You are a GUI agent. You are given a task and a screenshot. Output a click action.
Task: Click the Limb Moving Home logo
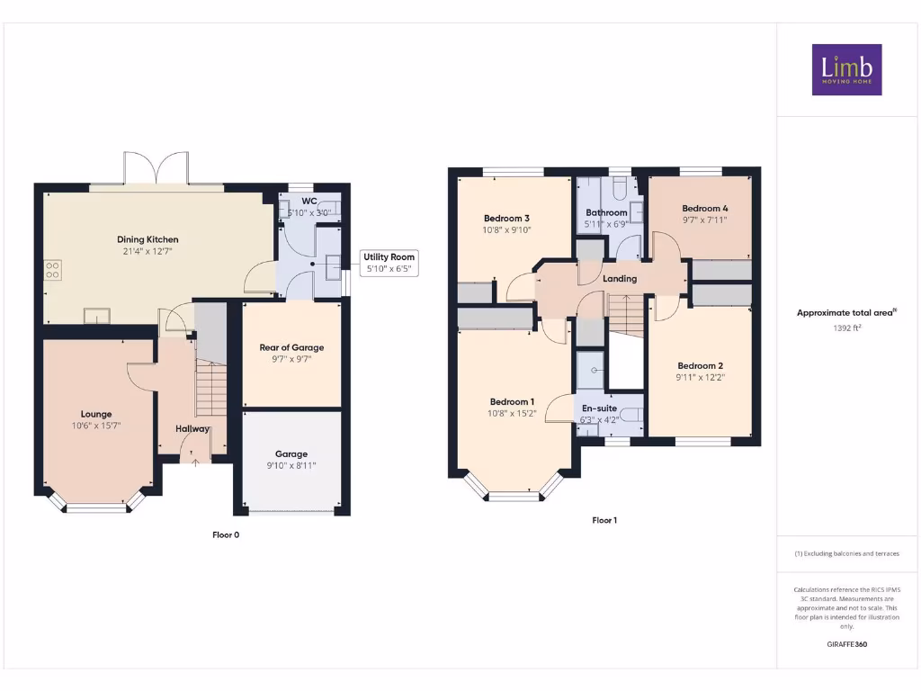click(846, 69)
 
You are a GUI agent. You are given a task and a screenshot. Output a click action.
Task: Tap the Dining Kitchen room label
click(148, 239)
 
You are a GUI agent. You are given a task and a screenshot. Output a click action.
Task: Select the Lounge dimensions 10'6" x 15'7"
click(95, 426)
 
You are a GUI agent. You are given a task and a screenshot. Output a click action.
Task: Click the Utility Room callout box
click(389, 263)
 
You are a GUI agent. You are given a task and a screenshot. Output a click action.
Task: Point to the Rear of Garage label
click(291, 347)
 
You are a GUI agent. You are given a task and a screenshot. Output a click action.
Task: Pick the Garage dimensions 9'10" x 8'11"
click(291, 465)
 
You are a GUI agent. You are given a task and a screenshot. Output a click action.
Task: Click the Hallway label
click(192, 429)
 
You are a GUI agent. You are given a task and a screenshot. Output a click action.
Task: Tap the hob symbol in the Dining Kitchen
click(52, 267)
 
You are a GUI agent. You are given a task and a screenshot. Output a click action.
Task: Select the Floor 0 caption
click(226, 534)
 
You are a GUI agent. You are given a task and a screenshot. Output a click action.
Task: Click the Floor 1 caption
click(604, 520)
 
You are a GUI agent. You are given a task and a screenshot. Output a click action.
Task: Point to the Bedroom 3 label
click(506, 219)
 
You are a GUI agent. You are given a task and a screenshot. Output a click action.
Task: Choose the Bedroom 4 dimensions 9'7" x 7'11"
click(705, 220)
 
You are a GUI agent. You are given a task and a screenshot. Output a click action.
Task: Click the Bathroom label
click(606, 213)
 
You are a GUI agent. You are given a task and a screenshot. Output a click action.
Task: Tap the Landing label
click(620, 279)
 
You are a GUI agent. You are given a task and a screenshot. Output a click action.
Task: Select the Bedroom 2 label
click(701, 366)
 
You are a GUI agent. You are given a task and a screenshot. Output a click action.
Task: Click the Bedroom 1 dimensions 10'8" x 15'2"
click(512, 414)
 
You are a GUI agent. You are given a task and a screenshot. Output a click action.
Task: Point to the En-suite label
click(599, 408)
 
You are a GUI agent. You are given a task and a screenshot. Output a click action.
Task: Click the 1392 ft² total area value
click(846, 329)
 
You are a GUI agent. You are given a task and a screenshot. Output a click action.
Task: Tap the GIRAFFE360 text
click(846, 644)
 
